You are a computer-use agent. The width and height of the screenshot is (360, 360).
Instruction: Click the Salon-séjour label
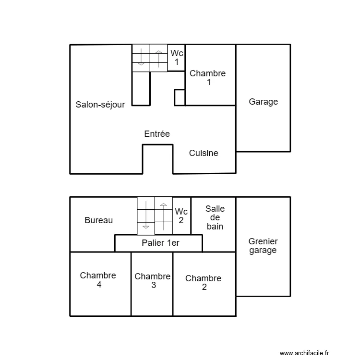(100, 105)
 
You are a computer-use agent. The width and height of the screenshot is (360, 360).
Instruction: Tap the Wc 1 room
(176, 58)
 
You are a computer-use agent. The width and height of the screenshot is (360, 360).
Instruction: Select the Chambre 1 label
(208, 78)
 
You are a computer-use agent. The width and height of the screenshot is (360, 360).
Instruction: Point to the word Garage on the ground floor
(264, 102)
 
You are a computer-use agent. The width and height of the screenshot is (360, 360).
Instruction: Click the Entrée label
(157, 133)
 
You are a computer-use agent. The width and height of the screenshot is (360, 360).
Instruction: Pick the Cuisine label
(204, 153)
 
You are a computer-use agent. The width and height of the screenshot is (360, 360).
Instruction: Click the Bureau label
(99, 220)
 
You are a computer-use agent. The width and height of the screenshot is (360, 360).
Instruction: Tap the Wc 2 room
(181, 216)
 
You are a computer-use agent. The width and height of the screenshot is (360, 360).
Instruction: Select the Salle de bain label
(215, 217)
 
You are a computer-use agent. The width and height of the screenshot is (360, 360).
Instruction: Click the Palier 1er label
(160, 243)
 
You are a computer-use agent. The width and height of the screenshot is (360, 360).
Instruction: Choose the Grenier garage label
(263, 246)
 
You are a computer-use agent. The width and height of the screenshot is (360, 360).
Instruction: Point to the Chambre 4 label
(98, 280)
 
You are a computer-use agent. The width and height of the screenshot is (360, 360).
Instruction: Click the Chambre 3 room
(152, 284)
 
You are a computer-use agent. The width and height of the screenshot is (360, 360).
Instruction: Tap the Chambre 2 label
(204, 283)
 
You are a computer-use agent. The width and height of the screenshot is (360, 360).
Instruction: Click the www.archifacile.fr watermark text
(304, 353)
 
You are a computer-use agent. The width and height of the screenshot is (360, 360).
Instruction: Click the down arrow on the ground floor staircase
(141, 57)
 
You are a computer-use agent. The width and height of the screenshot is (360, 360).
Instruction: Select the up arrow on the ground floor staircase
(159, 59)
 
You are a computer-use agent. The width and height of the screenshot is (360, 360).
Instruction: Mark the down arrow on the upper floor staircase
(146, 215)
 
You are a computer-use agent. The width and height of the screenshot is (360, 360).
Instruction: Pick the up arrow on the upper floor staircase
(164, 217)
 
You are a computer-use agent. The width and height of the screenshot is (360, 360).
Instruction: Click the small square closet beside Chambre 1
(180, 97)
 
